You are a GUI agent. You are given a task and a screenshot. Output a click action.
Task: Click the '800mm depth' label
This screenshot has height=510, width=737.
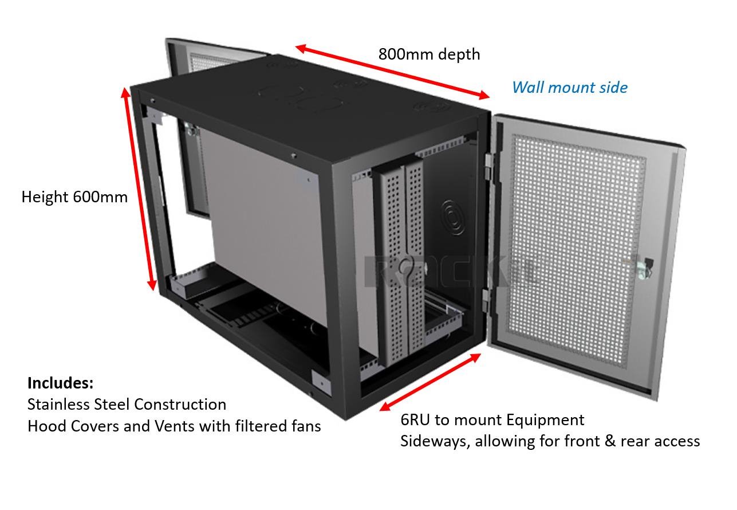429,54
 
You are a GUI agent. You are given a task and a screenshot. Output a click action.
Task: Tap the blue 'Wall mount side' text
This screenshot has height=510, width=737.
569,88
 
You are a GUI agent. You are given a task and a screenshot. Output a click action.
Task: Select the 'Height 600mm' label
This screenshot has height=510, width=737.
74,197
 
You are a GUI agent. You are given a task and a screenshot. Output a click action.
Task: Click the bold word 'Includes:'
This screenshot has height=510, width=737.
60,383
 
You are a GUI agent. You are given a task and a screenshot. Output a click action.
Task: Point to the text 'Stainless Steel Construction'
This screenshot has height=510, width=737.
127,405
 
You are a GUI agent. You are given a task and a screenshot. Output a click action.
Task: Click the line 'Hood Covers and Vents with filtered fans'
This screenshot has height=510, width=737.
174,426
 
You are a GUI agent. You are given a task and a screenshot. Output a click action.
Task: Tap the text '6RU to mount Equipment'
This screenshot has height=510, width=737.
492,420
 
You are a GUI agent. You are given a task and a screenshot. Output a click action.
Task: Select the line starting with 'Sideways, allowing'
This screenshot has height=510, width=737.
550,441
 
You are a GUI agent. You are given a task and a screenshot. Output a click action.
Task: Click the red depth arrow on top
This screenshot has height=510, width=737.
392,72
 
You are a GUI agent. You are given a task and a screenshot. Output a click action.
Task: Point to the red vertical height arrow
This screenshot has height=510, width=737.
139,189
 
